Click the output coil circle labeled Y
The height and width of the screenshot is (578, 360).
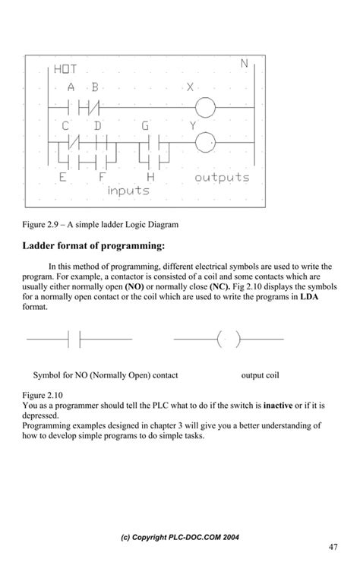point(206,141)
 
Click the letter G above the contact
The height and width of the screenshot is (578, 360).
point(146,125)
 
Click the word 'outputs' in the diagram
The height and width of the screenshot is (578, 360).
point(222,178)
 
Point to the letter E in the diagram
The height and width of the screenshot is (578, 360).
point(62,178)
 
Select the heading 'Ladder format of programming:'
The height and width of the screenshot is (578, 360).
point(93,246)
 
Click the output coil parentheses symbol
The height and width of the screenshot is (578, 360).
point(228,339)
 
